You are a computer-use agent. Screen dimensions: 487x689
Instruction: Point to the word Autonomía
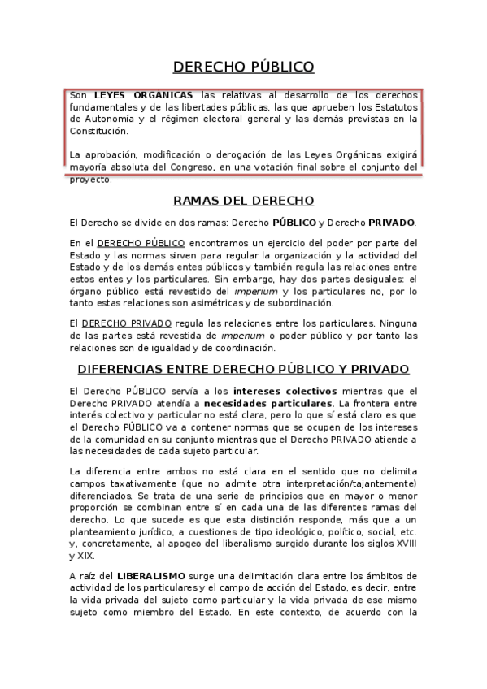click(x=96, y=119)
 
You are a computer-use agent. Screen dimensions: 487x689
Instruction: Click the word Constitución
click(x=98, y=130)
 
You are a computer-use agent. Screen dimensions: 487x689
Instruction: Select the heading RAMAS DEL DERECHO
click(x=244, y=201)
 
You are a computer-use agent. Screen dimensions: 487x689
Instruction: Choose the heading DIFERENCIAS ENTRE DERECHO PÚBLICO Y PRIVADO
click(x=244, y=369)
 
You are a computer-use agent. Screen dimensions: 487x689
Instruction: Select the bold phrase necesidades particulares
click(x=267, y=405)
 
